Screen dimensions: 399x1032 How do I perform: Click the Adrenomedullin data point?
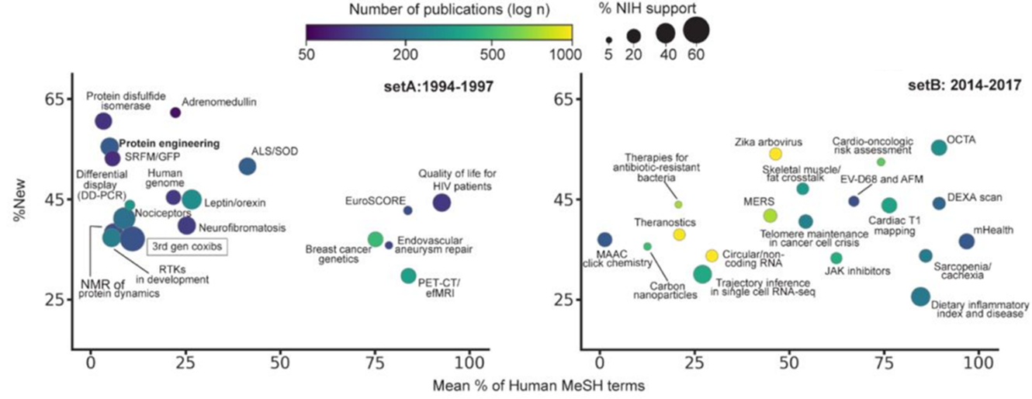pos(175,113)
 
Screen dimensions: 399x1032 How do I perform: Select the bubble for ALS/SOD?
pos(248,166)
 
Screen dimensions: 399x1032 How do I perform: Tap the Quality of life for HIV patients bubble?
pos(442,203)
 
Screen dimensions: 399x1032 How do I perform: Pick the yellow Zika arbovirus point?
pos(775,154)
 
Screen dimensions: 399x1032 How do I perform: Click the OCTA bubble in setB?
pos(939,147)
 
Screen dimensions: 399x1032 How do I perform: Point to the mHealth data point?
pos(966,241)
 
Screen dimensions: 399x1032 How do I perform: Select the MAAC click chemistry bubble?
pos(604,240)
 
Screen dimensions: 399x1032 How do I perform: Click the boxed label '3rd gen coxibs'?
pos(186,247)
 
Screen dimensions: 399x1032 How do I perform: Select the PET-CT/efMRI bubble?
pos(409,276)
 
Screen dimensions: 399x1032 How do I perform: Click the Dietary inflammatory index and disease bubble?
pos(920,296)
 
